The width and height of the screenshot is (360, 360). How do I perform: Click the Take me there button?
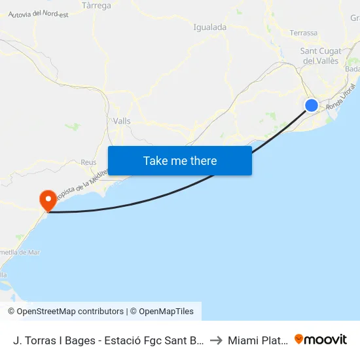(180, 160)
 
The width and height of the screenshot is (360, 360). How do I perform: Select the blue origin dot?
(312, 105)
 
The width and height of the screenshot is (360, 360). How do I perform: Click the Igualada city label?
(210, 27)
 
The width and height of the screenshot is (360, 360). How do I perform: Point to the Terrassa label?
(303, 33)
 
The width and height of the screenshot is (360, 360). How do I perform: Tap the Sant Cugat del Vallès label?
(320, 56)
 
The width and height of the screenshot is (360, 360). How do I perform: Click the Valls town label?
(122, 121)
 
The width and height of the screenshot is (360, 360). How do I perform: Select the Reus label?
(88, 162)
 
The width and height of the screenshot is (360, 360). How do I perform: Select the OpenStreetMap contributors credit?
(65, 312)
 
